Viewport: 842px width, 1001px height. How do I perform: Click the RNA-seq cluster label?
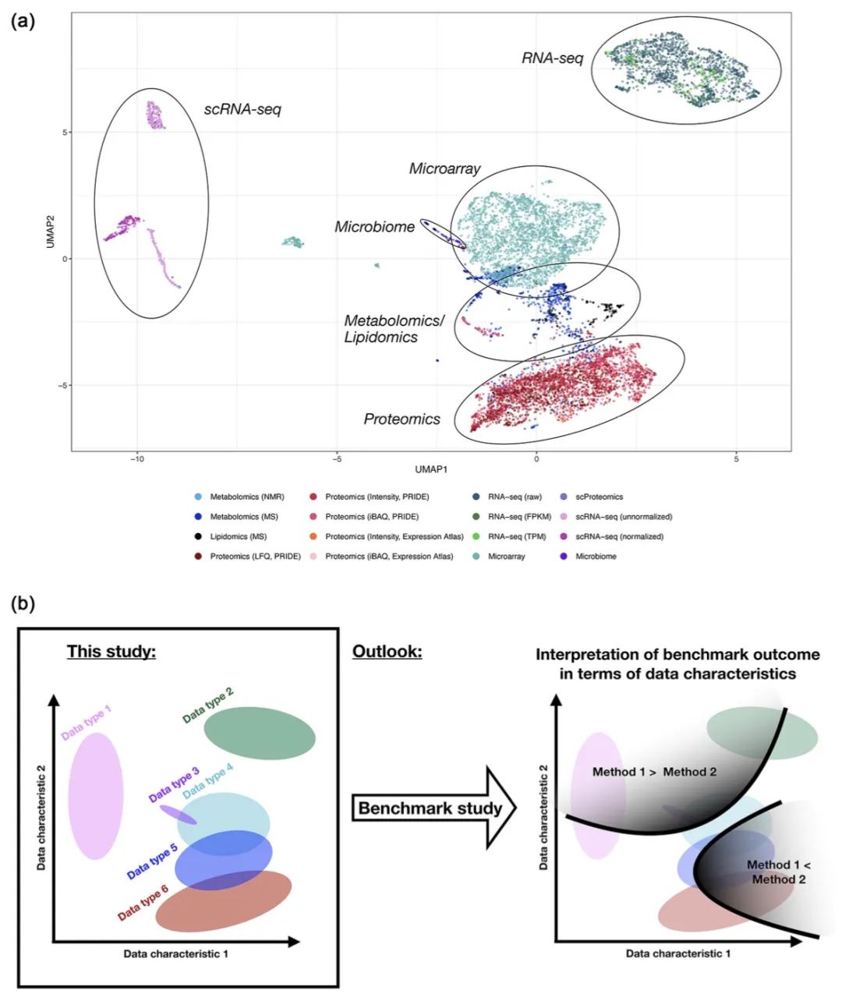pyautogui.click(x=553, y=58)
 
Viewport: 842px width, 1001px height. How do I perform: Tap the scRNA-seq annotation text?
pyautogui.click(x=242, y=110)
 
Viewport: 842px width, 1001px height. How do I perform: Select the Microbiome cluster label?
pyautogui.click(x=374, y=227)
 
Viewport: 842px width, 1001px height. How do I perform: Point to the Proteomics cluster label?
pyautogui.click(x=402, y=419)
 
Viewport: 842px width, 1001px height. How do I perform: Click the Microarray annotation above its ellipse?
pyautogui.click(x=444, y=168)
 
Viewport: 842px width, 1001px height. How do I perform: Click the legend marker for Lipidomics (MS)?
pyautogui.click(x=198, y=537)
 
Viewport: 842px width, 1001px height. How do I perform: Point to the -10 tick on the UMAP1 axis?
pyautogui.click(x=137, y=459)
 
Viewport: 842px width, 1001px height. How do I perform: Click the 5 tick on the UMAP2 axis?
pyautogui.click(x=65, y=133)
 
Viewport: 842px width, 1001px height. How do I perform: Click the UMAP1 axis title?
pyautogui.click(x=431, y=470)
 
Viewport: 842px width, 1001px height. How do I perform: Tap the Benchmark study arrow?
pyautogui.click(x=434, y=808)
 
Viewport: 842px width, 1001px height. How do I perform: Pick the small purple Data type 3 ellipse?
pyautogui.click(x=178, y=815)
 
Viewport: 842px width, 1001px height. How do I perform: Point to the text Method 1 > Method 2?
pyautogui.click(x=655, y=773)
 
